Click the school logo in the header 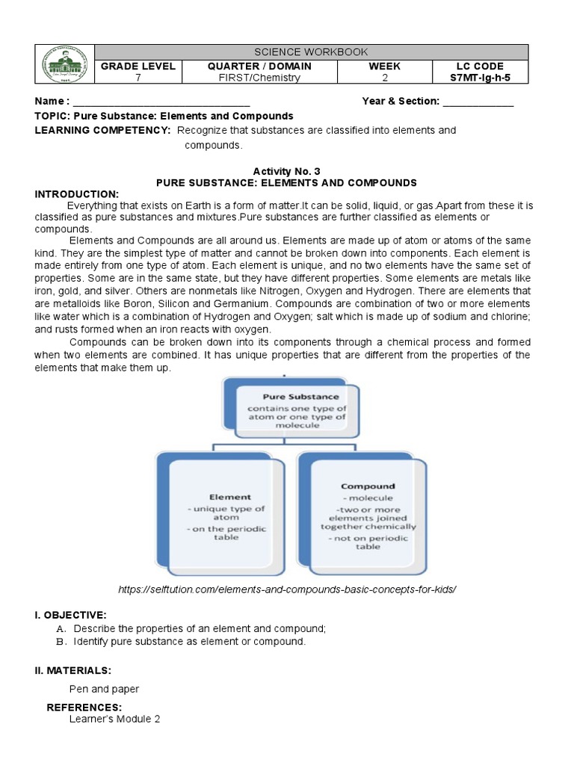click(65, 64)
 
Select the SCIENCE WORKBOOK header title click(311, 52)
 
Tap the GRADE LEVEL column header click(138, 66)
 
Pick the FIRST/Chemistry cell click(259, 78)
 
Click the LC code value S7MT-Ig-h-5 click(481, 78)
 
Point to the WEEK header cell click(385, 66)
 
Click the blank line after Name click(161, 102)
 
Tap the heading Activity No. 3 click(286, 171)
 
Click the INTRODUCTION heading click(77, 193)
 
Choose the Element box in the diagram click(220, 515)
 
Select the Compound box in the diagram click(362, 515)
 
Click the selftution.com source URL click(287, 589)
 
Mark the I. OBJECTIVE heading click(71, 615)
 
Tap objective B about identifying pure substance click(190, 641)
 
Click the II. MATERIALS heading click(72, 670)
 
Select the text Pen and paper click(104, 689)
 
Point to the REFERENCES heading click(84, 707)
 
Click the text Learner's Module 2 click(114, 719)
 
